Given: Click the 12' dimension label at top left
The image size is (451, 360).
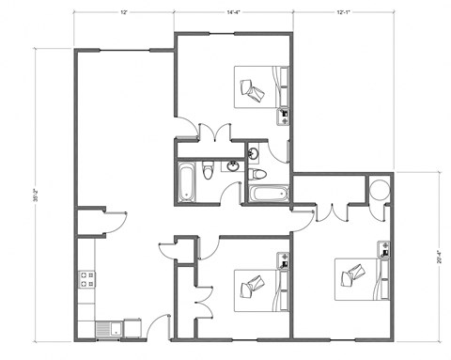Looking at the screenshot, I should [x=124, y=13].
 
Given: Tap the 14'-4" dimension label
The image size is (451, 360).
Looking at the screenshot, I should [x=236, y=13].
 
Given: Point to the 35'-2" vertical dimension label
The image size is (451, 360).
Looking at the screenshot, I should [x=38, y=198].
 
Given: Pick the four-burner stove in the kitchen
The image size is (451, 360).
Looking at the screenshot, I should [x=86, y=278].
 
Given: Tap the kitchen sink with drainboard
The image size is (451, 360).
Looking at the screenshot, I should [x=107, y=328].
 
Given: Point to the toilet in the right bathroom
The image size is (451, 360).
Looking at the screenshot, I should [x=260, y=174].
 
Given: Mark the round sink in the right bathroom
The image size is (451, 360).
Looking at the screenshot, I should [x=254, y=152].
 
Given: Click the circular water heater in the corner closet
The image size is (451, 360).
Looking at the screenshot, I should [x=380, y=189].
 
